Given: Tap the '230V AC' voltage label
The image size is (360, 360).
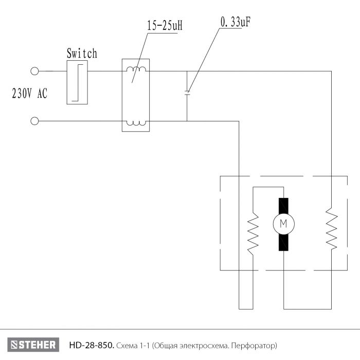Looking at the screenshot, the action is [x=30, y=94].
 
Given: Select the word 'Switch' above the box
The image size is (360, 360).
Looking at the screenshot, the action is [x=82, y=53].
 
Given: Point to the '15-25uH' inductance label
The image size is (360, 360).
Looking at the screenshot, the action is [x=165, y=26].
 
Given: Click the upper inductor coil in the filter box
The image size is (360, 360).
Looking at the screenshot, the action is [x=136, y=69].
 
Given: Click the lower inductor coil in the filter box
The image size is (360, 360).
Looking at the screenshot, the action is [x=136, y=123].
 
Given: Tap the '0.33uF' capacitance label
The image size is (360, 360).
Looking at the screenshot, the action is [x=235, y=22].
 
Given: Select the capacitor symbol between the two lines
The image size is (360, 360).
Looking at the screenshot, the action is [x=187, y=93].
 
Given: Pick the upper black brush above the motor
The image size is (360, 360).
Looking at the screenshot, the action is [x=283, y=206].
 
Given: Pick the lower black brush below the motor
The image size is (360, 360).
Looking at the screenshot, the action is [x=283, y=242].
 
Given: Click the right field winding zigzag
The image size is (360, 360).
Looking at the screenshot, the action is [x=332, y=228].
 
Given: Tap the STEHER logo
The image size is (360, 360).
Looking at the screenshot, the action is [x=33, y=345].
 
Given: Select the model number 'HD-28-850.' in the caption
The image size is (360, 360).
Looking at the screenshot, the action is [x=92, y=345].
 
